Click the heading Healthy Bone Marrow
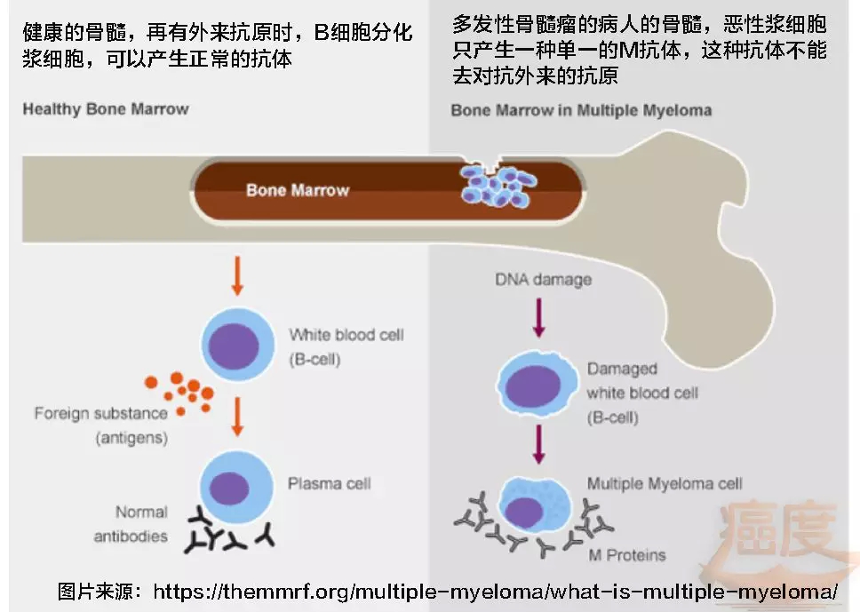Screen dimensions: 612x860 point(106,109)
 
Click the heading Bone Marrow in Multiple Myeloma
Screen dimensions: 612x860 point(581,111)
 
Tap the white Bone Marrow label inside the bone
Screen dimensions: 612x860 point(298,189)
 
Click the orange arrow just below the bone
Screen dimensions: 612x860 point(236,274)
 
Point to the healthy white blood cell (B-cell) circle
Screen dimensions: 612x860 point(237,342)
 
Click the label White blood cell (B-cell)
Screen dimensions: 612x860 point(346,347)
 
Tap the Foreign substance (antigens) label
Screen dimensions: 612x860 point(100,425)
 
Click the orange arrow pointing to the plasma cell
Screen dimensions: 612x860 point(236,417)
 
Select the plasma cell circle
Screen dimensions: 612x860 point(231,485)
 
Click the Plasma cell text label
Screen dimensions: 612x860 point(329,485)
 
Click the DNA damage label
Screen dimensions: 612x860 point(543,281)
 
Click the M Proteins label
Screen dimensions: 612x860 point(626,555)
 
